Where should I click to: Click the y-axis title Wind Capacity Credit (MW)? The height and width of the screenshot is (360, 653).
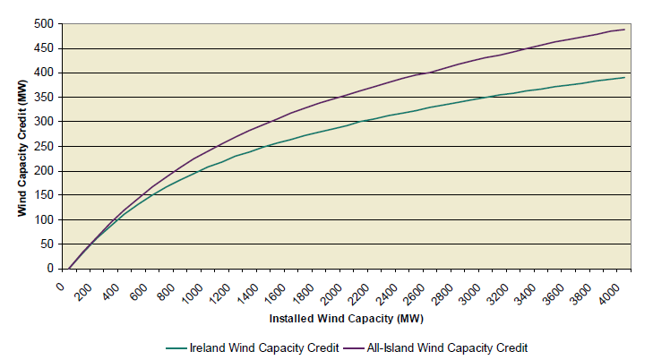click(21, 145)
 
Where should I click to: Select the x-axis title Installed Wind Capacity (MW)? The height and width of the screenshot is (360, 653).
click(345, 318)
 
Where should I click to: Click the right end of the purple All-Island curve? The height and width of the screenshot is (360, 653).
click(625, 30)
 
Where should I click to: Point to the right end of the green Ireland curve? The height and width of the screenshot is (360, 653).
click(625, 77)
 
